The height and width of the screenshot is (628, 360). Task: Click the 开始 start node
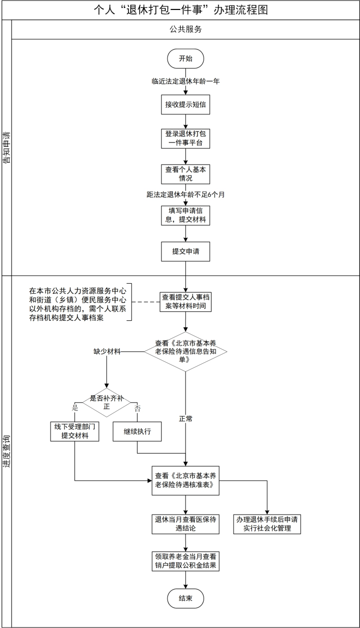(x=185, y=59)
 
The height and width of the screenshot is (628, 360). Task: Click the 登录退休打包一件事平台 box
(x=185, y=138)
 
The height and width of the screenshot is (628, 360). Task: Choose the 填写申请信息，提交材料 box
(x=185, y=215)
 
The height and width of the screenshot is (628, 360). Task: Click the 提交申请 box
(x=185, y=251)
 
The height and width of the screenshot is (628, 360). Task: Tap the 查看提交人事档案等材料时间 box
(x=185, y=301)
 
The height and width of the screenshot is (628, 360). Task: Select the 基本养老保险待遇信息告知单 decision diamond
(x=185, y=352)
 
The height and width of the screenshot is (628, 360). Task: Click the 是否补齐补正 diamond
(x=106, y=402)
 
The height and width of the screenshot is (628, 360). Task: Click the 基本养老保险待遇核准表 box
(x=185, y=481)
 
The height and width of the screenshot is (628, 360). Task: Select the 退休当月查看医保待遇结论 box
(x=185, y=524)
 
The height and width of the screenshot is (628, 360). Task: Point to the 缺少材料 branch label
(x=106, y=352)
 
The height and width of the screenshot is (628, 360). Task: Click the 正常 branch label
(x=185, y=418)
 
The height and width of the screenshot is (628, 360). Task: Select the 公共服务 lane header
(x=185, y=29)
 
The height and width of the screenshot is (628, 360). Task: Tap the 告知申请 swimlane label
(x=6, y=147)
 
